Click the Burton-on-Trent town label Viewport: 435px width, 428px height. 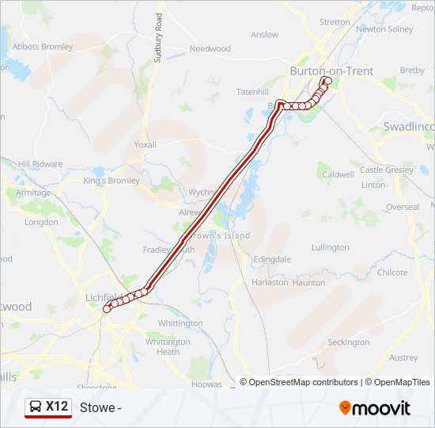tap(331, 71)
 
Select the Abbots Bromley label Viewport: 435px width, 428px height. tap(43, 47)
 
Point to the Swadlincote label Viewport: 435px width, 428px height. tap(408, 127)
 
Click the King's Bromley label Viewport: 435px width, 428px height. tap(112, 181)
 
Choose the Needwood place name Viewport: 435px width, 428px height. tap(210, 49)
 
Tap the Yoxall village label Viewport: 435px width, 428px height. tap(146, 145)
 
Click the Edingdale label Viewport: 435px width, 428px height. tap(272, 259)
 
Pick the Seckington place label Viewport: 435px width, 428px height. tap(348, 342)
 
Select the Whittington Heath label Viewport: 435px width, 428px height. tap(168, 346)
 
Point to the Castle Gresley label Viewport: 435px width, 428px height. tap(387, 170)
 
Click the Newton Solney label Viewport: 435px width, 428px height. tap(384, 29)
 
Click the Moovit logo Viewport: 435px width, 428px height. tap(375, 408)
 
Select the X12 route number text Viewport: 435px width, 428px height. tap(56, 407)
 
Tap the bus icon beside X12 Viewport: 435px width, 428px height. tap(36, 407)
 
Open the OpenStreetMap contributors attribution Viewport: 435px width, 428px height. tap(304, 382)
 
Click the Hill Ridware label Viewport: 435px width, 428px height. tap(40, 164)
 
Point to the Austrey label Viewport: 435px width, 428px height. tap(404, 357)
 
